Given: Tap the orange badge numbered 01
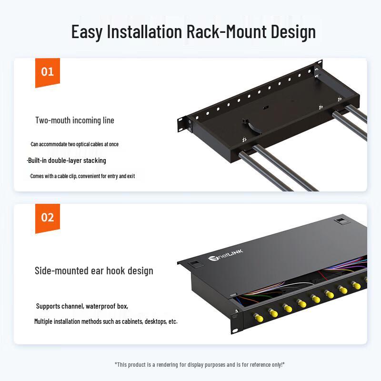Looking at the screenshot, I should tap(48, 72).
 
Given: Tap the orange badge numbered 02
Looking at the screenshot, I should tap(48, 218).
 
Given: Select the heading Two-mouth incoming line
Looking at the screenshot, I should tap(75, 120).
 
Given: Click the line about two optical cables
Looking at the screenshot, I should tap(74, 144).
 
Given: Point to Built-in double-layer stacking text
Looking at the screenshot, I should tap(67, 160).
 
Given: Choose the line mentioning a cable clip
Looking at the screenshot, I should tap(82, 176).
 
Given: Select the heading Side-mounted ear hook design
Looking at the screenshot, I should tap(94, 271).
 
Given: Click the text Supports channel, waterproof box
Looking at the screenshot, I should tap(82, 306).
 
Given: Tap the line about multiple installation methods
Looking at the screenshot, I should tap(106, 321).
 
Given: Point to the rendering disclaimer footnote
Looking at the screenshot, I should tap(200, 364).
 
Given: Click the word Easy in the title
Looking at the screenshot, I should tap(87, 31).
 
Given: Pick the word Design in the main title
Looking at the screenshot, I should tap(293, 31).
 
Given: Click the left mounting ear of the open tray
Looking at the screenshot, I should tap(183, 124).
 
